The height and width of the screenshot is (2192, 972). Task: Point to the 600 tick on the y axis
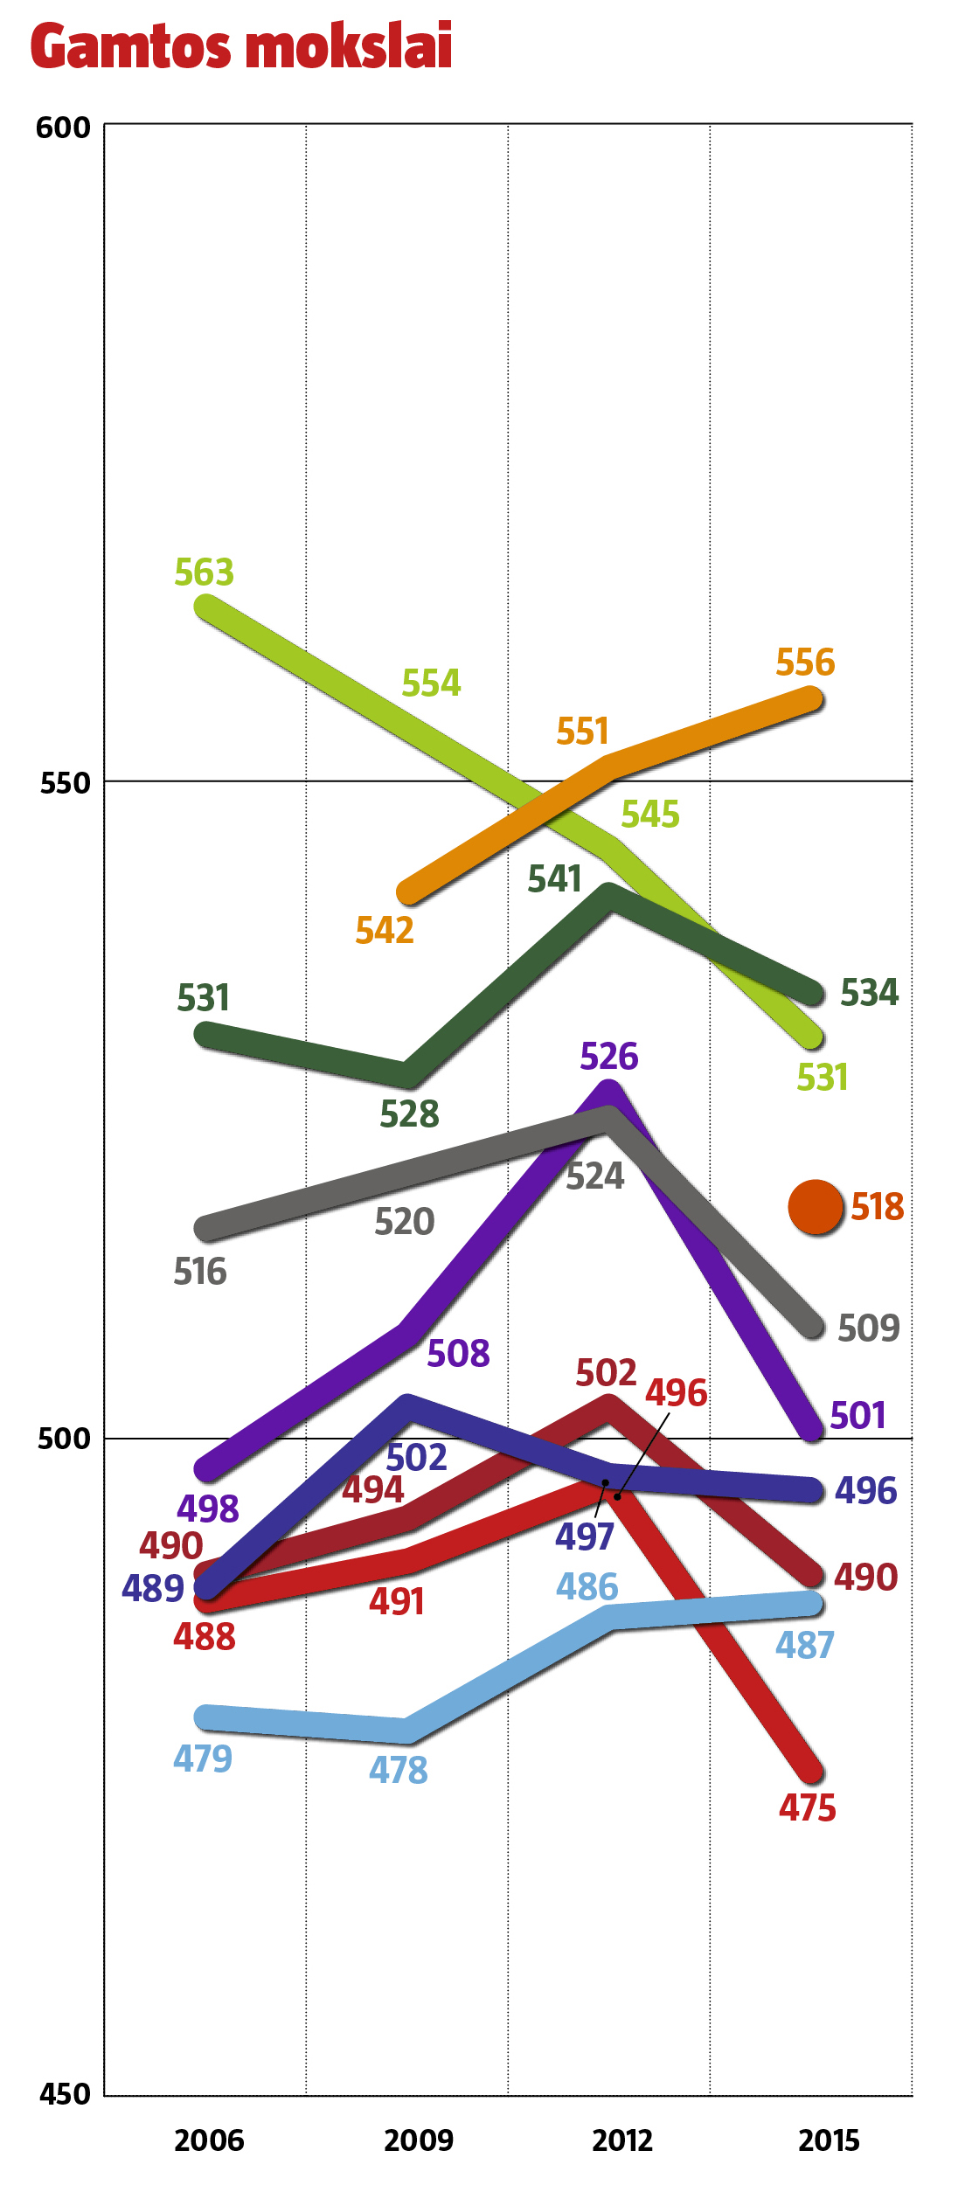coord(63,128)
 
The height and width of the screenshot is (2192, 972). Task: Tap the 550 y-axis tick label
coord(65,783)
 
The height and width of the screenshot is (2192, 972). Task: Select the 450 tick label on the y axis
coord(65,2094)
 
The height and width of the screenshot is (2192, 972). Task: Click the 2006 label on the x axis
coord(209,2140)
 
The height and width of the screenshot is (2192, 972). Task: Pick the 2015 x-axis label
coord(829,2140)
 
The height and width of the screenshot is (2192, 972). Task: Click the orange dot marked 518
coord(816,1207)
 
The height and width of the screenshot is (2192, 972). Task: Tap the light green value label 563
coord(205,572)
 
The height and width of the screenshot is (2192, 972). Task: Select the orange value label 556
coord(805,662)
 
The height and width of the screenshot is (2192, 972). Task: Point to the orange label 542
coord(385,931)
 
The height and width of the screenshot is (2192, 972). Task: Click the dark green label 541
coord(554,879)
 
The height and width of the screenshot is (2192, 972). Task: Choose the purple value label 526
coord(609,1057)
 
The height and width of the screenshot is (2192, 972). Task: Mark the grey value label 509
coord(868,1328)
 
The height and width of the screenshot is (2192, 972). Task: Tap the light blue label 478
coord(399,1771)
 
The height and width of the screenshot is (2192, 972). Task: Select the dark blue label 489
coord(152,1589)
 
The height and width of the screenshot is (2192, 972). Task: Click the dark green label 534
coord(869,993)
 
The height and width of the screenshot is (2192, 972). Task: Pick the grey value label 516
coord(200,1273)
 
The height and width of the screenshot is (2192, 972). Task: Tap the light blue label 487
coord(805,1646)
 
